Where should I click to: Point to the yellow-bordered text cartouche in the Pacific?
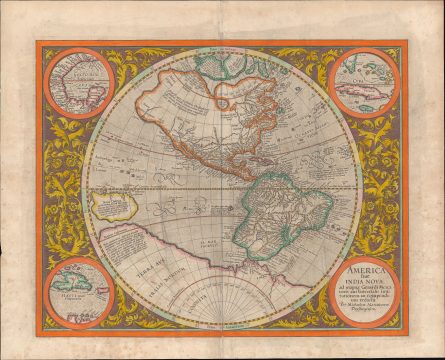tap(111, 206)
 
